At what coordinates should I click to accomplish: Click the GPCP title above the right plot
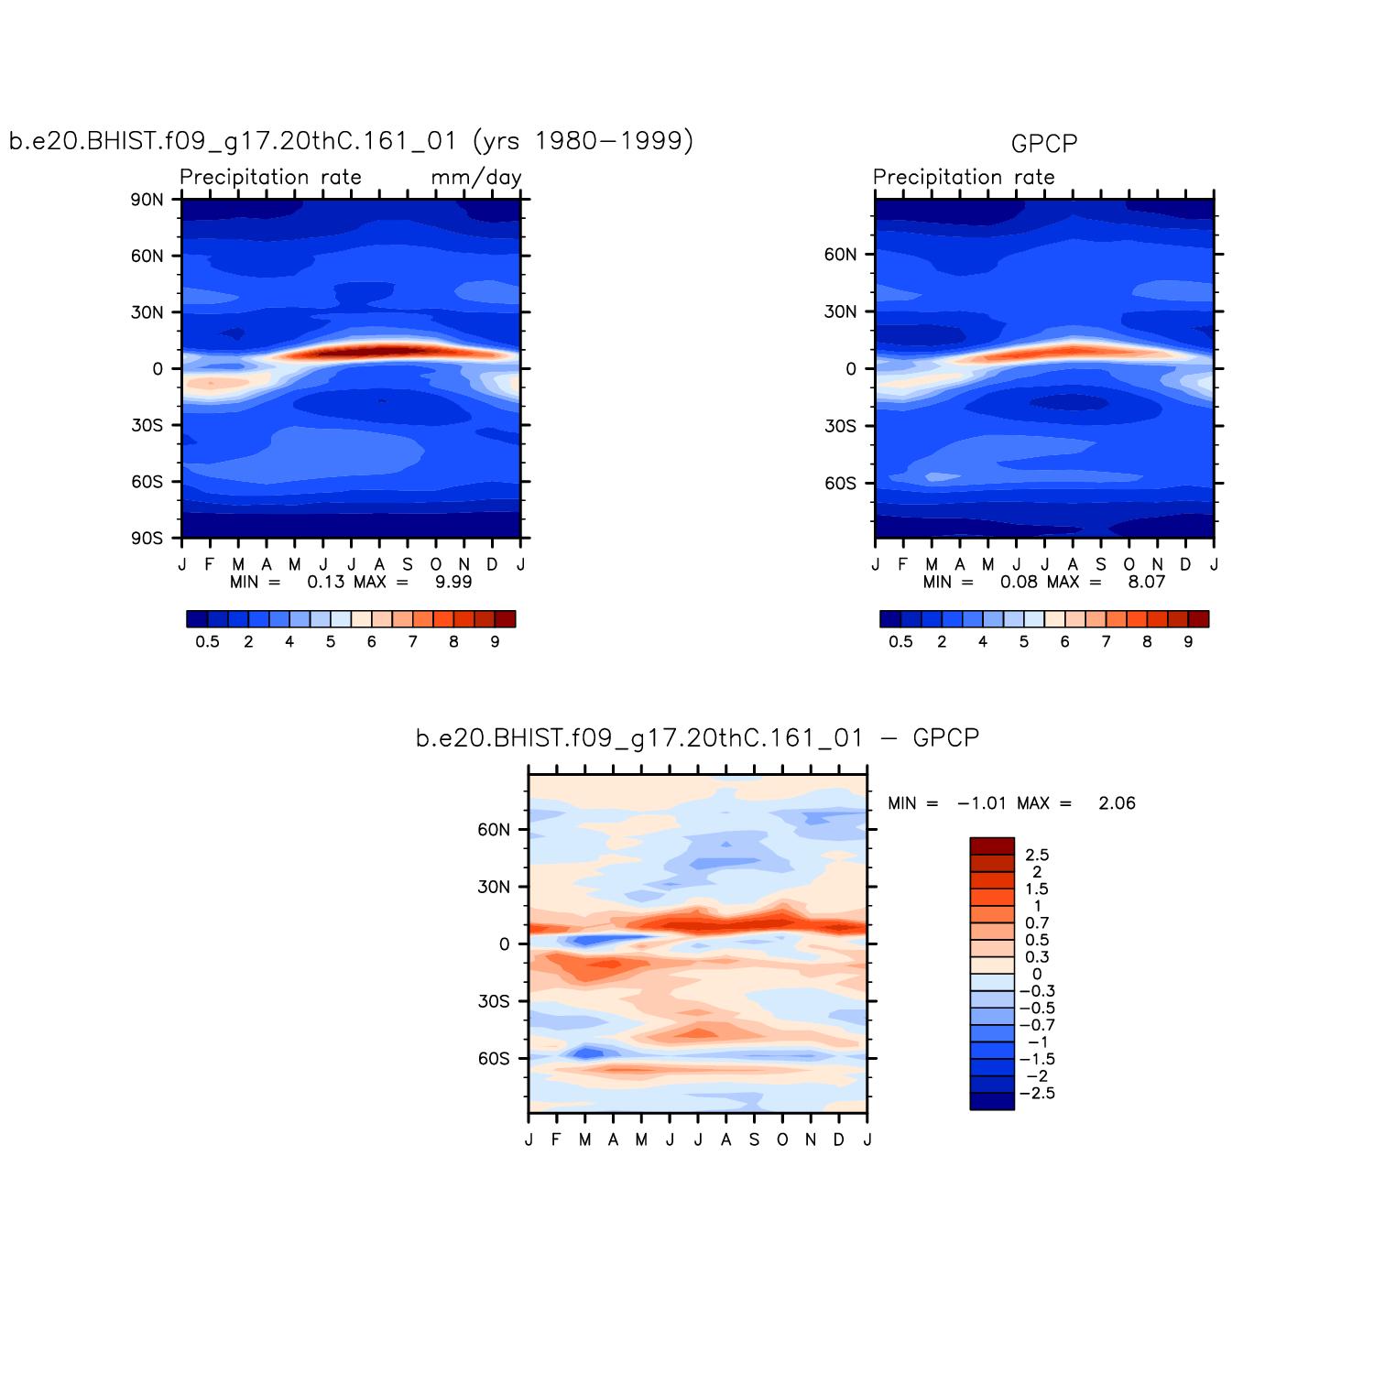[x=1043, y=144]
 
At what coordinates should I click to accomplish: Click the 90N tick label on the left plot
[x=147, y=200]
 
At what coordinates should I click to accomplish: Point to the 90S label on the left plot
[x=147, y=539]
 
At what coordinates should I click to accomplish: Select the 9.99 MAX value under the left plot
[x=453, y=583]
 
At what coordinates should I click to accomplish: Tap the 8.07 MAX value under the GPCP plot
[x=1146, y=583]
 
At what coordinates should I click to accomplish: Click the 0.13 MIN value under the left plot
[x=325, y=583]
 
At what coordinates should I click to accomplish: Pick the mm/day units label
[x=476, y=178]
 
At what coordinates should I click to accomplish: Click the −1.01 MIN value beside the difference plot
[x=981, y=803]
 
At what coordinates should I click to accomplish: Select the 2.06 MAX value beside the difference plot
[x=1117, y=803]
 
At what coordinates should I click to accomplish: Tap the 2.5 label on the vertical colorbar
[x=1037, y=856]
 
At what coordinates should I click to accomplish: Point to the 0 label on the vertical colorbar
[x=1037, y=975]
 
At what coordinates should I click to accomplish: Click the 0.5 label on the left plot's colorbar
[x=208, y=642]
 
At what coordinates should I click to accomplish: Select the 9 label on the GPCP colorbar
[x=1188, y=642]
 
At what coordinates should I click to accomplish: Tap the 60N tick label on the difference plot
[x=494, y=830]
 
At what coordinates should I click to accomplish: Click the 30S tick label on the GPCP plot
[x=840, y=426]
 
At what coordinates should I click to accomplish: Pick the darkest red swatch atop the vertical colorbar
[x=992, y=846]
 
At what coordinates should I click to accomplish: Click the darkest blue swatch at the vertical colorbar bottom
[x=992, y=1101]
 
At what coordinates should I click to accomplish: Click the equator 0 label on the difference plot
[x=504, y=944]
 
